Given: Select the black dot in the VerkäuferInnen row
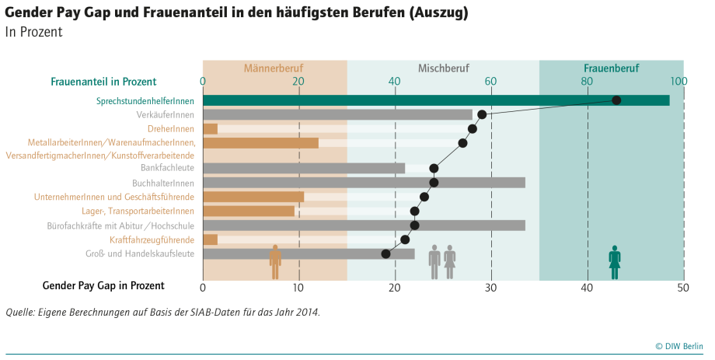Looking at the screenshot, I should tap(482, 114).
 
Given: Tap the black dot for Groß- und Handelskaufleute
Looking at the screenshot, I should tap(385, 253).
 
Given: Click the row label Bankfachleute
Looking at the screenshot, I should tap(167, 168).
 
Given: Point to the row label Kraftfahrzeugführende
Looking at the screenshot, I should tap(152, 239).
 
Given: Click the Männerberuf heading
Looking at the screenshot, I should tap(273, 68).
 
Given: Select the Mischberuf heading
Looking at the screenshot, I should tap(444, 68).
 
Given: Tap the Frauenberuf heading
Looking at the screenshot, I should tap(612, 68).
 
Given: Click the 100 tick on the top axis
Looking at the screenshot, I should tap(679, 81).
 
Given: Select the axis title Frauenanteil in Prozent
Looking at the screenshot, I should tap(103, 81).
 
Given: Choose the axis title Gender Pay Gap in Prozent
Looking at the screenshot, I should tap(103, 286).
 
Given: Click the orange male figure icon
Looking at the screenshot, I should tap(275, 261).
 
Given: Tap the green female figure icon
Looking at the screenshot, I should tap(615, 261).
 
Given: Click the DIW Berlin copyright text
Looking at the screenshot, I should tap(678, 346).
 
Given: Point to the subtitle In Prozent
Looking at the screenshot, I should tap(33, 33).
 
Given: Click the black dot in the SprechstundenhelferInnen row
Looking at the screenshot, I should tap(616, 100).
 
